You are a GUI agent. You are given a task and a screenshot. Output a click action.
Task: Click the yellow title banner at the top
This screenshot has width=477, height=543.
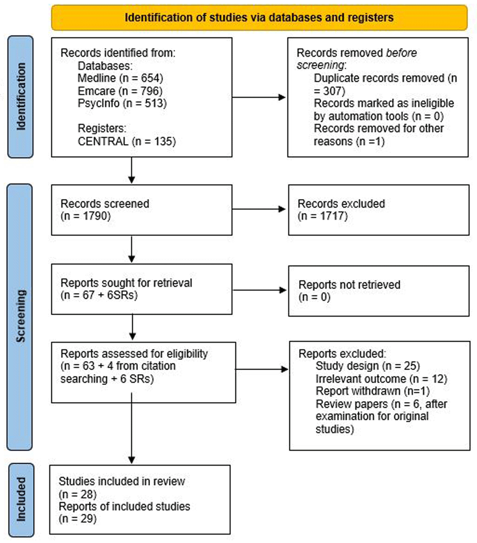tap(259, 17)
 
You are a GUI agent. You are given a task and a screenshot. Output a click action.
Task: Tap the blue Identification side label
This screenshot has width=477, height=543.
tap(21, 96)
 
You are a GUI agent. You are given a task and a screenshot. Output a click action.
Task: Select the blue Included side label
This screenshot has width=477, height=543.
tap(21, 500)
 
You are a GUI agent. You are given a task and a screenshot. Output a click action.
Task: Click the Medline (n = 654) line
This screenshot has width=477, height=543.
tap(120, 78)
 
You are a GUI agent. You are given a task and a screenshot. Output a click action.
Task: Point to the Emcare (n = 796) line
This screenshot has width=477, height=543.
tap(120, 91)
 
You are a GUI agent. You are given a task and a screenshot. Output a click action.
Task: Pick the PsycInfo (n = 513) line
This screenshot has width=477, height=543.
tap(122, 104)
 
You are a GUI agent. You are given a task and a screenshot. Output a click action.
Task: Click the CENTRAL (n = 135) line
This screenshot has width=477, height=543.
tap(126, 141)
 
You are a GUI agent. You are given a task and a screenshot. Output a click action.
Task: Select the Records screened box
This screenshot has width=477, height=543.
tap(142, 210)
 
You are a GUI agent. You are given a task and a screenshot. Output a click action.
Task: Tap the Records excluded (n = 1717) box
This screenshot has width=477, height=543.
tap(379, 210)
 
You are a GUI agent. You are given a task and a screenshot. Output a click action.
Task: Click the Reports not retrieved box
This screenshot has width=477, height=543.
tap(379, 291)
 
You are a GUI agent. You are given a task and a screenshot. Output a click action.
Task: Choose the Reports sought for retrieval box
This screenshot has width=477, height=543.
tap(142, 289)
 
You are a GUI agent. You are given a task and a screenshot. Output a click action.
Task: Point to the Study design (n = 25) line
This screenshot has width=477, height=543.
tap(368, 366)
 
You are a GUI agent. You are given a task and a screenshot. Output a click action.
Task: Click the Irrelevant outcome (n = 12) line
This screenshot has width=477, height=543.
tap(381, 379)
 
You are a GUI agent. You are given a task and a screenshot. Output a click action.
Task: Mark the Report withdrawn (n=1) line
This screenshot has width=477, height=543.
tap(373, 391)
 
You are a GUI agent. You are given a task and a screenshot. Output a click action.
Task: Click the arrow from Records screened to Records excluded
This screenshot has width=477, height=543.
tap(259, 209)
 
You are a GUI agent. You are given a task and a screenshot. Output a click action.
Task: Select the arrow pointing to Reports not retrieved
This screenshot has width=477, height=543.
tap(259, 290)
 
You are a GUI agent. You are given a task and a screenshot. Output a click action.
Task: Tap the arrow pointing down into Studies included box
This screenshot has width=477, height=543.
tap(132, 428)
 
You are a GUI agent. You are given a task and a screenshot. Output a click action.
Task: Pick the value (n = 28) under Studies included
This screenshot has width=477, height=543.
tap(77, 494)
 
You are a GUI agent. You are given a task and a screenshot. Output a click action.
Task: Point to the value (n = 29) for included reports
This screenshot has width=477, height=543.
tap(77, 519)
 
